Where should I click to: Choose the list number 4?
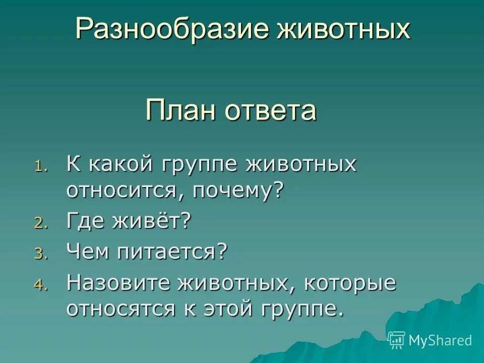point(40,285)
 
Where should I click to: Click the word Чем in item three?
point(85,252)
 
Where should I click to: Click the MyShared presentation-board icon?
point(397,340)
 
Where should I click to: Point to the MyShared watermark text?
point(440,340)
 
